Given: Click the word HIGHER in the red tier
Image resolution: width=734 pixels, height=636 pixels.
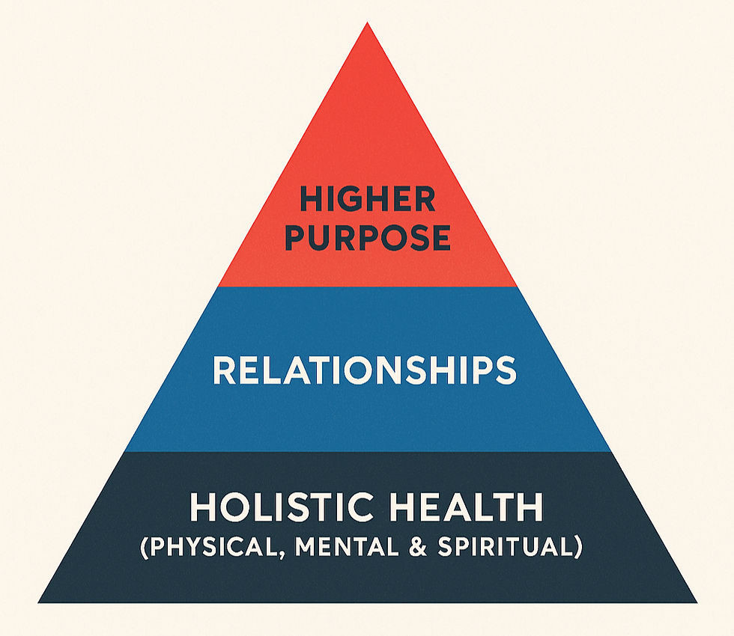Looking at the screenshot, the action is (x=367, y=200).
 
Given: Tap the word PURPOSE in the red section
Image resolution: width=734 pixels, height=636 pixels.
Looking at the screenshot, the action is (x=368, y=237).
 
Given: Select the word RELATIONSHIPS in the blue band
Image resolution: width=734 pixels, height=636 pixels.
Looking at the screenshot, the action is (x=365, y=370).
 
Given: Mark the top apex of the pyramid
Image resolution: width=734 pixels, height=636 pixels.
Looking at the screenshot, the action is (x=367, y=23).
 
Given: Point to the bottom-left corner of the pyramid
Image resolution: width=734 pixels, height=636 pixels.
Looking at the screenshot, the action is (x=39, y=601).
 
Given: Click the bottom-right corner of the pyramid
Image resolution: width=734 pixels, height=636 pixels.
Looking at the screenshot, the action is (x=696, y=601).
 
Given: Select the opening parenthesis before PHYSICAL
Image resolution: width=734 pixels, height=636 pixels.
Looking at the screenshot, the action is (x=144, y=547).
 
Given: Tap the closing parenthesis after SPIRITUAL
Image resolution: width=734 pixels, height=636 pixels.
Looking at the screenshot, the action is (x=578, y=547).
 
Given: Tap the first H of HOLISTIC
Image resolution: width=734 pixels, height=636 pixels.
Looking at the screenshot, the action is (x=203, y=508).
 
